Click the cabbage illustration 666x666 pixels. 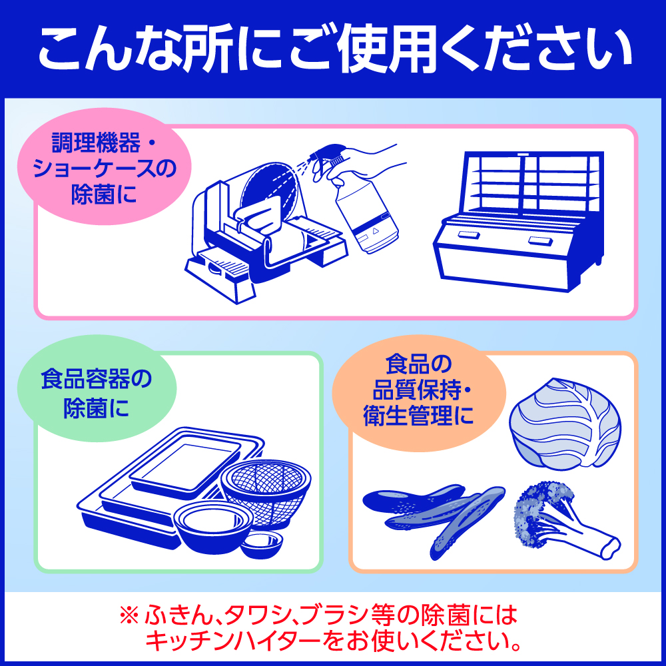tap(565, 424)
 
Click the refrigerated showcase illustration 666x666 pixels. tap(519, 221)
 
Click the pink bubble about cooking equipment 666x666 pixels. tap(104, 166)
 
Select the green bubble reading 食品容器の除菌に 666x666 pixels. tap(97, 389)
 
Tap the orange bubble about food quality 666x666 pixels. tap(418, 393)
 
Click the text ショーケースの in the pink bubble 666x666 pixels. tap(104, 168)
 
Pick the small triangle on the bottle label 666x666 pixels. tap(375, 231)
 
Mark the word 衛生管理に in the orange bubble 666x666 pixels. tap(418, 416)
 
